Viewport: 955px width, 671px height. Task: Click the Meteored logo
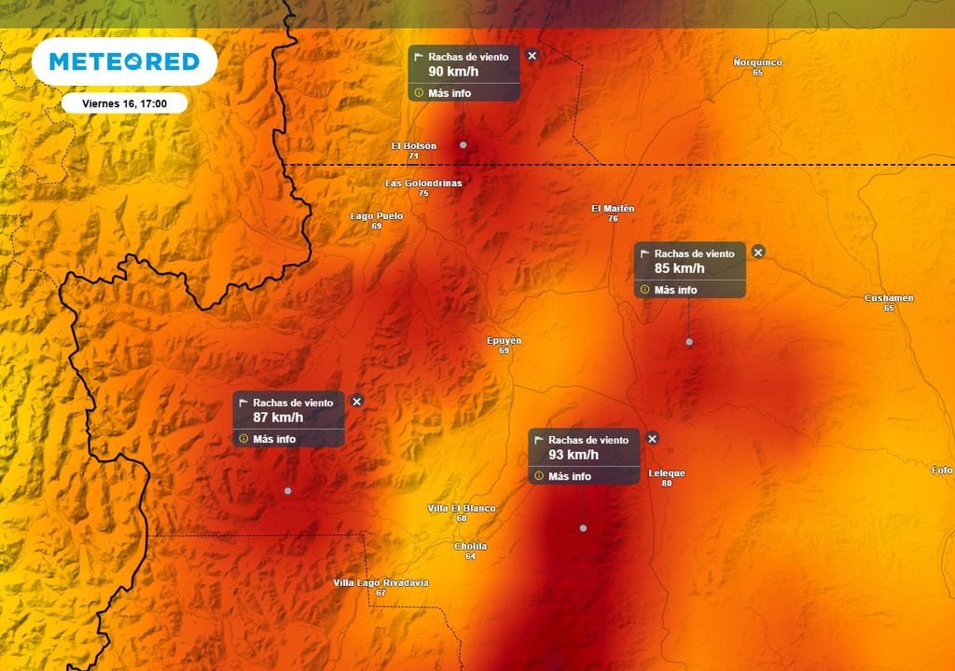click(x=124, y=62)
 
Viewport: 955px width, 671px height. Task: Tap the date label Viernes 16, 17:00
click(x=125, y=103)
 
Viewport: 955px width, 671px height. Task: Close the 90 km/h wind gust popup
click(x=533, y=56)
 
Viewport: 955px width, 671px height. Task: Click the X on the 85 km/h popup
click(x=758, y=252)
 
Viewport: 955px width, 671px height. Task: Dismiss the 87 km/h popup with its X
click(x=356, y=401)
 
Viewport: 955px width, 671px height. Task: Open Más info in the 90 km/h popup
click(x=450, y=93)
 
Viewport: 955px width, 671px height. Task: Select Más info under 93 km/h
click(x=570, y=476)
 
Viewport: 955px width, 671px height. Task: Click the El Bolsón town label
click(x=414, y=146)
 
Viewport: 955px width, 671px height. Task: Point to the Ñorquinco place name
click(x=757, y=62)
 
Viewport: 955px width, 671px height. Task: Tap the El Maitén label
click(x=613, y=209)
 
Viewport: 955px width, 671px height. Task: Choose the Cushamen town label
click(x=889, y=298)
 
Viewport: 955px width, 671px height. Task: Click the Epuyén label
click(x=505, y=341)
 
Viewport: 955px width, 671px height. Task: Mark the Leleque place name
click(x=667, y=473)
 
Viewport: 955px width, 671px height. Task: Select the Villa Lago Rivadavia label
click(x=381, y=582)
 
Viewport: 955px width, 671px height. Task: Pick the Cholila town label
click(x=470, y=546)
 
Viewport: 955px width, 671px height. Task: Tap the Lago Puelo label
click(x=377, y=216)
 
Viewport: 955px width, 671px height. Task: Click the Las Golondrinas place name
click(x=423, y=184)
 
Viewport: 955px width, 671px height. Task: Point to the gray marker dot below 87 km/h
click(x=288, y=490)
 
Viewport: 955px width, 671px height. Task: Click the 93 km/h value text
click(x=574, y=455)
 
